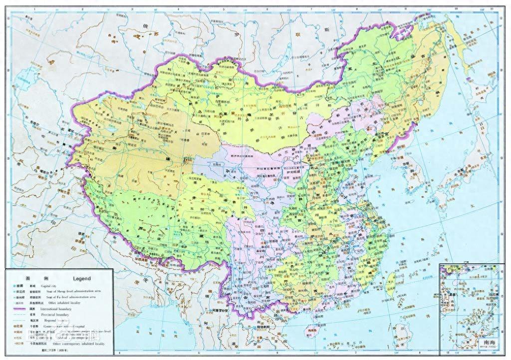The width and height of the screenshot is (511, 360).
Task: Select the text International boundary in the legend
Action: click(59, 309)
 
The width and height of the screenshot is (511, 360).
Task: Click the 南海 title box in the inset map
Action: click(484, 343)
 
